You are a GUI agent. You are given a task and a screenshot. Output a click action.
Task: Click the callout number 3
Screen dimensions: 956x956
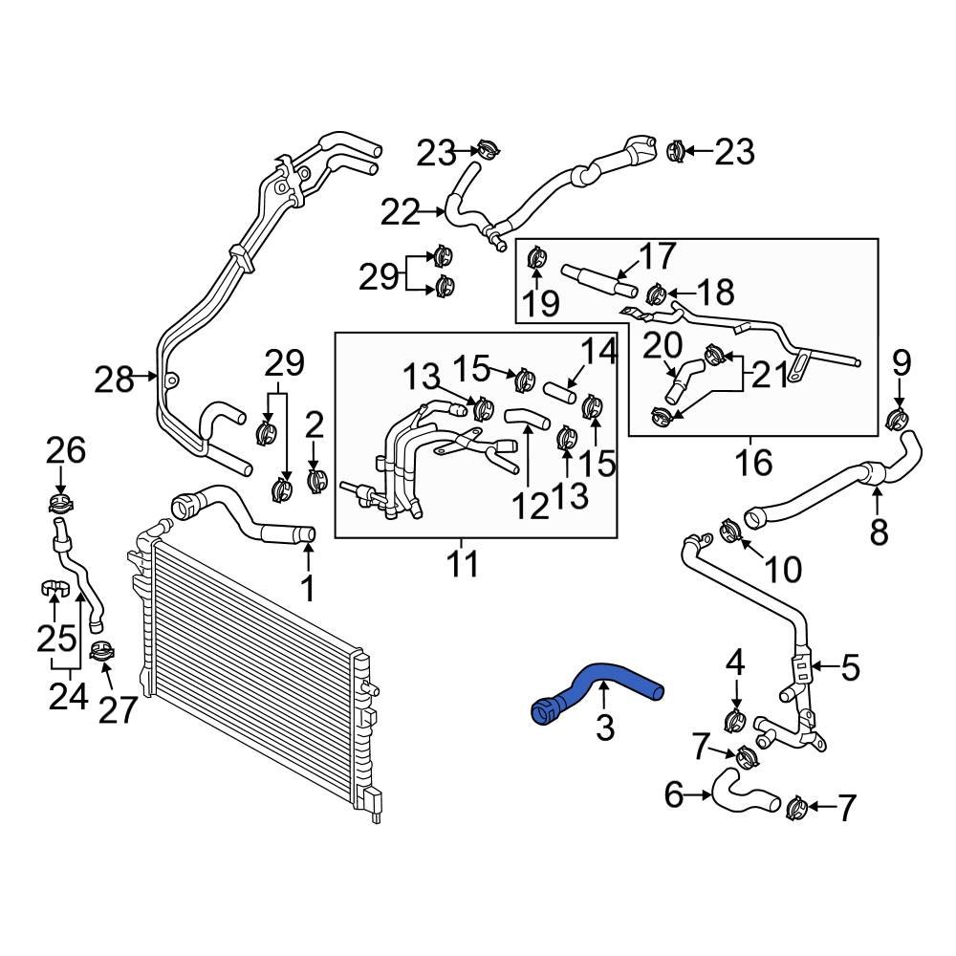[x=604, y=729]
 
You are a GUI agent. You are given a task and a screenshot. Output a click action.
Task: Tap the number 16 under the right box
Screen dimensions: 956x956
[x=753, y=463]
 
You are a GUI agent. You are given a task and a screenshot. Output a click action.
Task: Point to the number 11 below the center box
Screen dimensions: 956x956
[x=464, y=565]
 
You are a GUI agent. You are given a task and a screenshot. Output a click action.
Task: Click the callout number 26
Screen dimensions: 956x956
[x=64, y=451]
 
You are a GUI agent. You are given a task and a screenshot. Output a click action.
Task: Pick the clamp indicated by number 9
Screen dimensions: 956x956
[x=898, y=417]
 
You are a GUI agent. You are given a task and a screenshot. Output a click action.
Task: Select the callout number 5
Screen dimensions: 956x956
[x=850, y=666]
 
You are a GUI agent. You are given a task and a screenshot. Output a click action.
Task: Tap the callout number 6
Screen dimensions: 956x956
[x=675, y=794]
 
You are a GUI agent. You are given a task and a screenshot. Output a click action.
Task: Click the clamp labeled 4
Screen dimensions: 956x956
[x=735, y=718]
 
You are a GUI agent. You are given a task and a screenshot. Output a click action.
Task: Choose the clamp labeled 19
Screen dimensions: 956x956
[x=535, y=256]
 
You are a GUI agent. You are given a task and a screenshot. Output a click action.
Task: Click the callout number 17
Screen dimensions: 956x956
[x=657, y=255]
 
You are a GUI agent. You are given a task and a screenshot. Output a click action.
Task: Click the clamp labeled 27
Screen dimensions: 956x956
[x=101, y=653]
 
